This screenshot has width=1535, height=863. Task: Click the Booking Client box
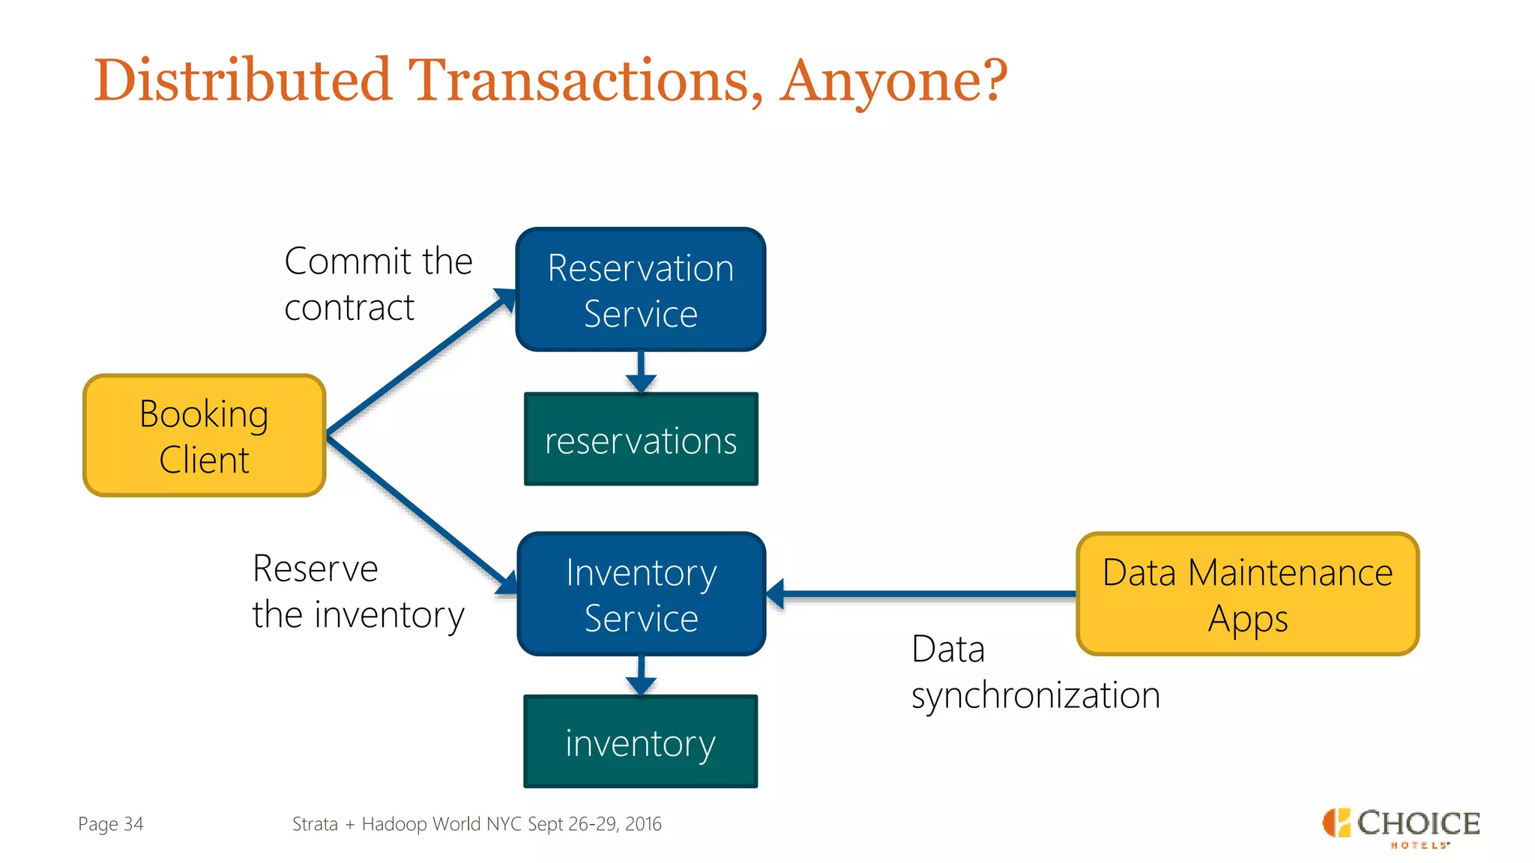(204, 435)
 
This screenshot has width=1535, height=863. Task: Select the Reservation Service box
(641, 290)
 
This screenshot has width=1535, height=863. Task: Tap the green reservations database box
(641, 440)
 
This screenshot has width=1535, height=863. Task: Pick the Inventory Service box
(641, 594)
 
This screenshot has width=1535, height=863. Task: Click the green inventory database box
(641, 742)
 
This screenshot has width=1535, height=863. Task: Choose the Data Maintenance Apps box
(1247, 594)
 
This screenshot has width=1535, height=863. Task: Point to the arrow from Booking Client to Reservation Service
(420, 363)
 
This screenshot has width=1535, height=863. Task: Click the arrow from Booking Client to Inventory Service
(420, 512)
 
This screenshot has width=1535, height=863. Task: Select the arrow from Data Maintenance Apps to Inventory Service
(922, 594)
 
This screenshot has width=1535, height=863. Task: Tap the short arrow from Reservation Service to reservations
(641, 372)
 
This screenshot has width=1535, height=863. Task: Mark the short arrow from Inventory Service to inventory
(641, 676)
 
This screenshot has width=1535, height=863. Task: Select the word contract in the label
(349, 308)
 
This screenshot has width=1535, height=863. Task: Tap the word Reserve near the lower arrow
(316, 569)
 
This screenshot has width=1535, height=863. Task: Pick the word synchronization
(1035, 695)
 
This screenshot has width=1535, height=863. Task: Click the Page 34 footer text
(110, 824)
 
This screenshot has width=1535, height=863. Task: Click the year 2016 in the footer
(643, 824)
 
